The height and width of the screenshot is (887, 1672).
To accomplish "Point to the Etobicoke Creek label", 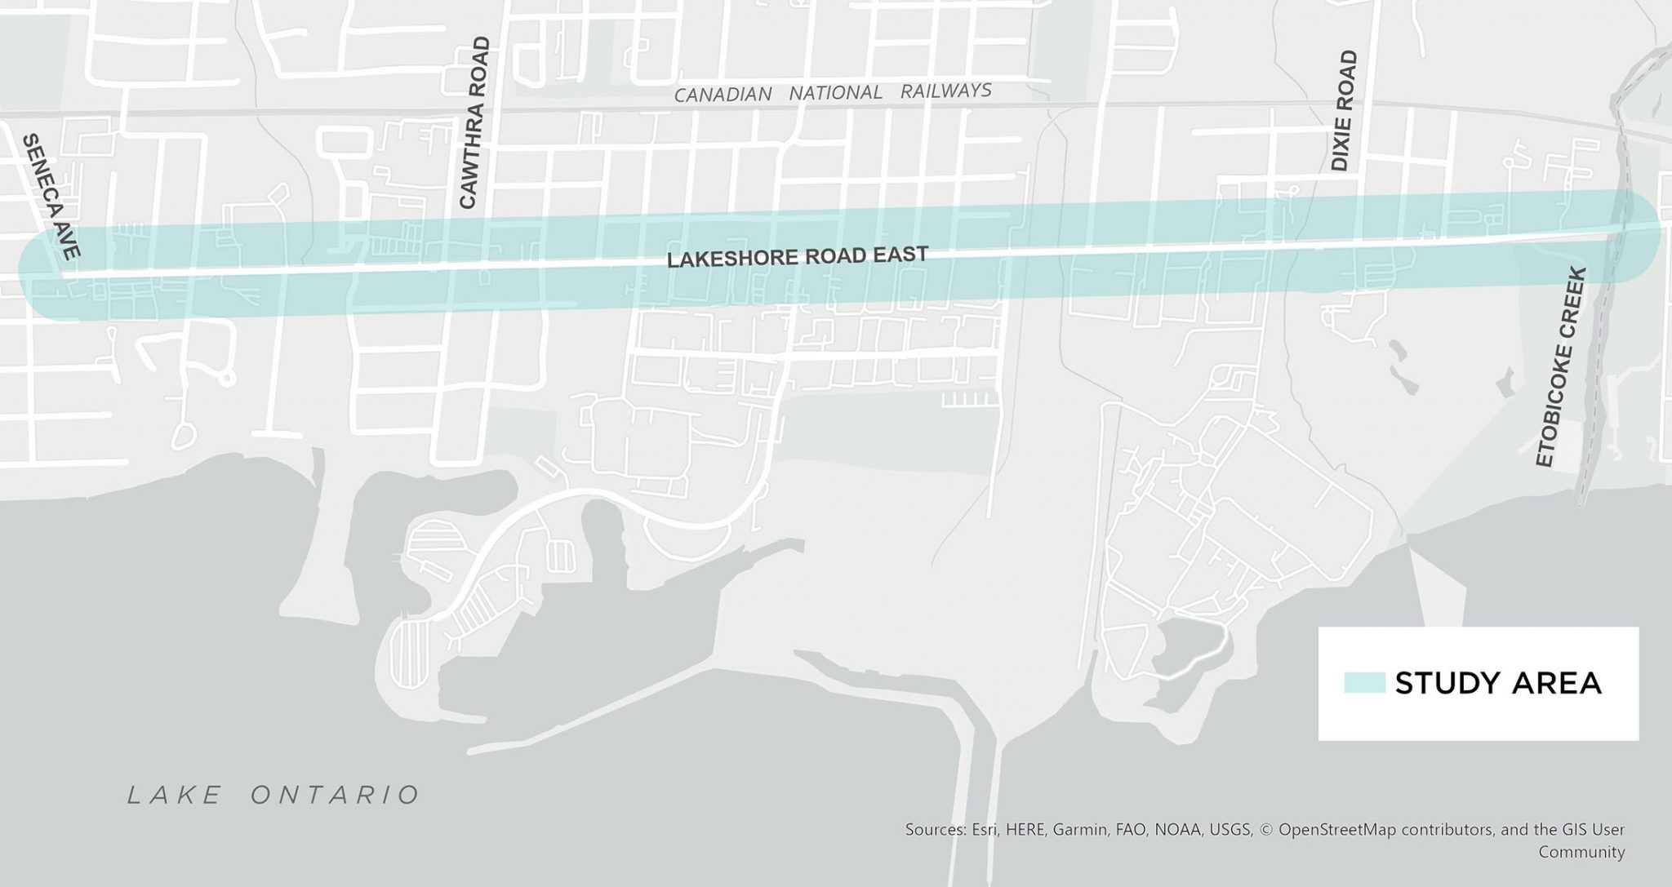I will pos(1560,367).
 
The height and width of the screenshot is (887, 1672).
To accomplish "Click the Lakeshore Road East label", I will pos(797,257).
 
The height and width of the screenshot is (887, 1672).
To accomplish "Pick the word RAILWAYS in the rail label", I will pos(945,90).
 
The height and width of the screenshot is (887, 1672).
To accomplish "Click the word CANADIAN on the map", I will pos(723,95).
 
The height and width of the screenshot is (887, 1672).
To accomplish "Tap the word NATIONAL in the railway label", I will pos(835,92).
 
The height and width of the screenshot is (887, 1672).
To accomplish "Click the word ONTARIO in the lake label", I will pos(336,795).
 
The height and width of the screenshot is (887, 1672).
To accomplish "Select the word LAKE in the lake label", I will pos(174,795).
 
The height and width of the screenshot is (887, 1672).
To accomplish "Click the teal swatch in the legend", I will pos(1364,683).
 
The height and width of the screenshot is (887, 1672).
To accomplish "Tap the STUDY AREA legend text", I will pos(1497,683).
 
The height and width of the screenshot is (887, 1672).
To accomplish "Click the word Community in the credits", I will pos(1581,852).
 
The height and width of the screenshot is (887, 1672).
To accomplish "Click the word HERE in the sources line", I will pos(1025,830).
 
